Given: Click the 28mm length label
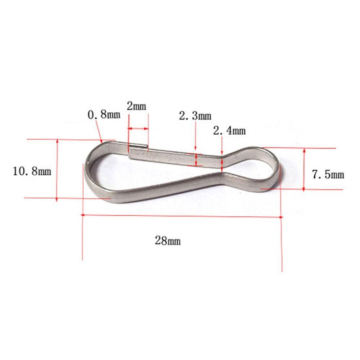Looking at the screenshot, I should click(x=168, y=241).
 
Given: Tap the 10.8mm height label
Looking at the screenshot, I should click(x=32, y=170).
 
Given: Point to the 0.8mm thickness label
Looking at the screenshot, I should click(x=104, y=115).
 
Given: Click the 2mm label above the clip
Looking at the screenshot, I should click(x=136, y=106).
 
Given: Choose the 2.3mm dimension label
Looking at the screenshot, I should click(x=195, y=116).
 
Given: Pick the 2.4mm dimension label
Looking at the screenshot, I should click(x=229, y=130).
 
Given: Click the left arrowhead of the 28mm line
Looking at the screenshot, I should click(x=84, y=215).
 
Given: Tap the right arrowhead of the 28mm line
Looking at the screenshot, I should click(x=280, y=217).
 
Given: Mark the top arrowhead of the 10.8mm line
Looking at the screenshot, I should click(x=57, y=141).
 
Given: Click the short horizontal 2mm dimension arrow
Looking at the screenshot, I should click(x=138, y=128).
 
